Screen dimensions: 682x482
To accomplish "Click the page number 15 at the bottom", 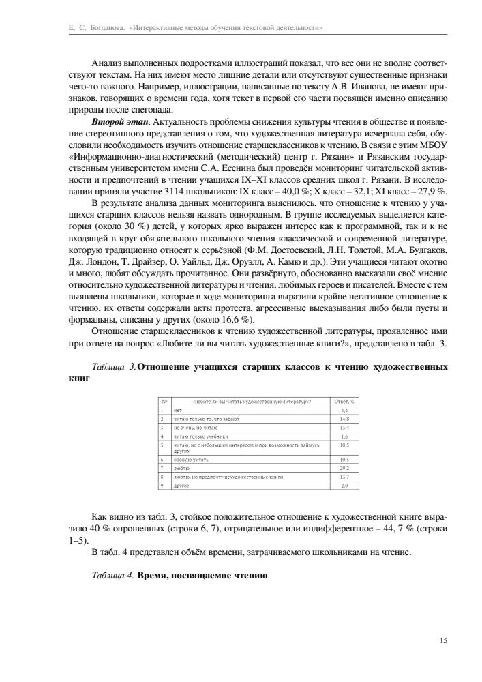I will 444,640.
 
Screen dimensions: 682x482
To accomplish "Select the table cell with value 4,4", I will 344,411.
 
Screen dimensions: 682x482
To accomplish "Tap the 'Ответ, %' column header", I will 344,402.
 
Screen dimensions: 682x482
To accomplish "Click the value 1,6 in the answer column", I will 344,435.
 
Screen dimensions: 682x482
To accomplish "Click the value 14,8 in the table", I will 344,419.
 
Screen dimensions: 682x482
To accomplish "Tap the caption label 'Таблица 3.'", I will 113,367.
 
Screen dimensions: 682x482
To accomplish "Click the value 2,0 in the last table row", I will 344,486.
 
